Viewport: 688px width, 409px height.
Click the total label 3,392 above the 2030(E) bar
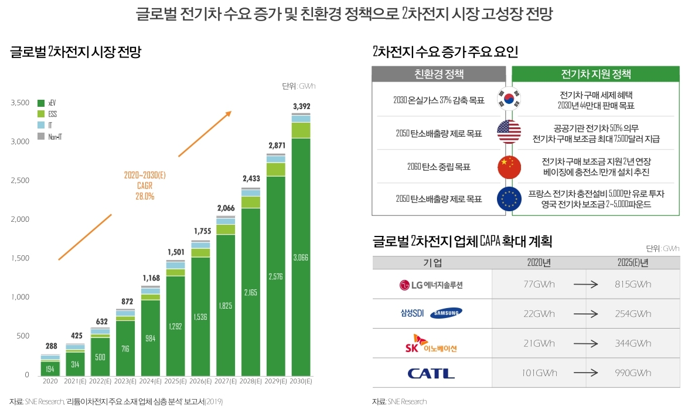pos(301,106)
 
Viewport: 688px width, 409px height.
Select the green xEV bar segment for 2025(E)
pos(176,326)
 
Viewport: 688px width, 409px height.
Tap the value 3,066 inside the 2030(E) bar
pos(301,257)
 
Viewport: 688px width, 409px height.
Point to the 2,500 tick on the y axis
pos(20,181)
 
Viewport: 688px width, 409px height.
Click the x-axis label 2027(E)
pos(226,381)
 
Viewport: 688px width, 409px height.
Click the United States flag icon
pos(509,131)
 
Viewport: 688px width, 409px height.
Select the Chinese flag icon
pos(509,167)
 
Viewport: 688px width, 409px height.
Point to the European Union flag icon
pos(509,199)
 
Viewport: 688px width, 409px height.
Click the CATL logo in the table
pos(431,373)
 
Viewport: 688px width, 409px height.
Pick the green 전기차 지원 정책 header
pos(595,75)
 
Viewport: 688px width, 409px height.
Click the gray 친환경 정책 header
pos(439,74)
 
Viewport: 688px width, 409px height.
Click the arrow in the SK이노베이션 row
pos(585,343)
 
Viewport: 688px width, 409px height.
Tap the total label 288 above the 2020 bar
pos(50,346)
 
